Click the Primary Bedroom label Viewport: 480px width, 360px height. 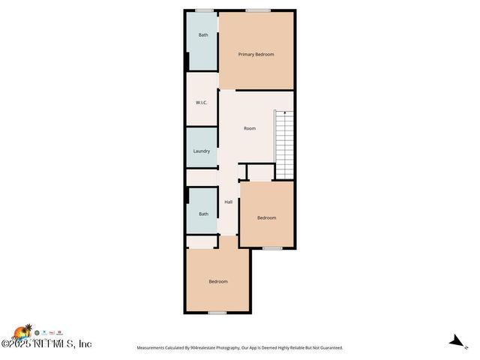(x=256, y=54)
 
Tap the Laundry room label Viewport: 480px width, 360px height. (x=201, y=151)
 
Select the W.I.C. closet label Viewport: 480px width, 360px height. (x=201, y=103)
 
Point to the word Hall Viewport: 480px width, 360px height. (x=228, y=202)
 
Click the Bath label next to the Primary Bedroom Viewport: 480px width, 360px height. (x=202, y=35)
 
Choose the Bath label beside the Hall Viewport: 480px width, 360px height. (x=203, y=214)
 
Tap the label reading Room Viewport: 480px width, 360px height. (x=250, y=128)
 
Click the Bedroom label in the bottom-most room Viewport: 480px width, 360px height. (x=217, y=281)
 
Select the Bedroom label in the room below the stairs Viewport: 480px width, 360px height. (x=266, y=218)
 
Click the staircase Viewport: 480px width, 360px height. (x=283, y=143)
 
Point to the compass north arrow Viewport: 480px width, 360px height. (x=453, y=340)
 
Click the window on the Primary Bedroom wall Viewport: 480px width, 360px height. (x=258, y=10)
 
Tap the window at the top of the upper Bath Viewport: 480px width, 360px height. (x=203, y=10)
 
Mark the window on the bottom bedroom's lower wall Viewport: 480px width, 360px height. (x=217, y=312)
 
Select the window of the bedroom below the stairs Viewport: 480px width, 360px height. (x=271, y=247)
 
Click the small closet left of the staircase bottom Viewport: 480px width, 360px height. (x=259, y=173)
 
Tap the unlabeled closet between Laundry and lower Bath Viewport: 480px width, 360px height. (x=202, y=177)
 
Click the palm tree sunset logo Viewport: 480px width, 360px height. (x=25, y=331)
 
